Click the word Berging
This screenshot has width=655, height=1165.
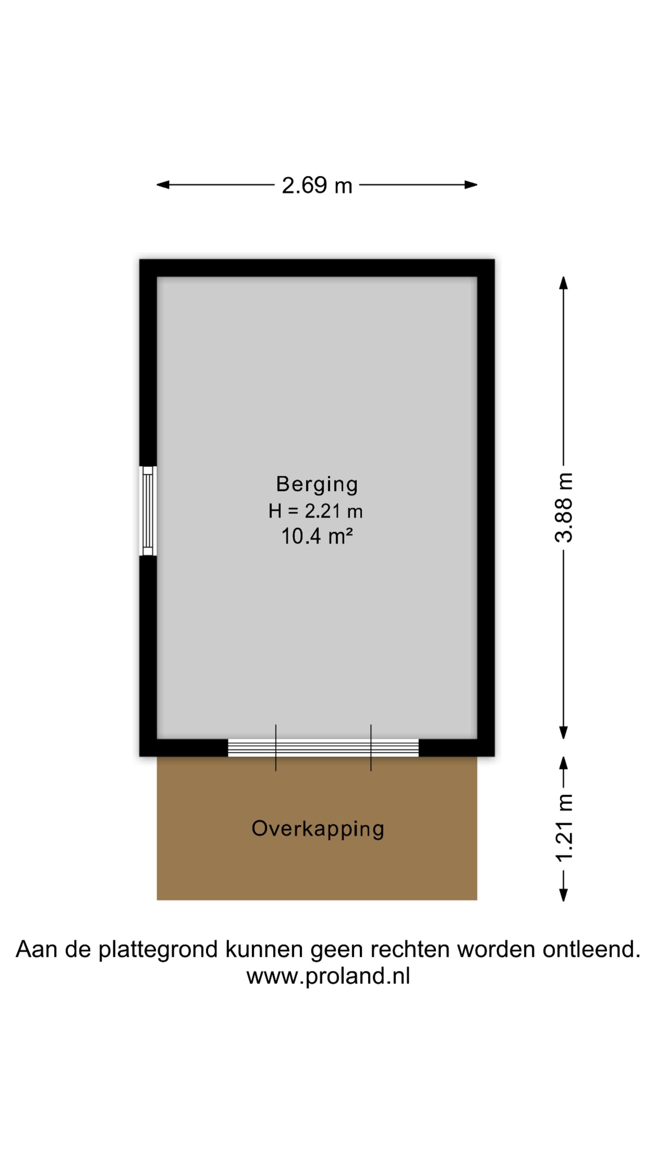(x=317, y=484)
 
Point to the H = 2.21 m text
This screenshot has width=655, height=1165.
(x=315, y=511)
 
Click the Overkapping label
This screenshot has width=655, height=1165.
(x=317, y=829)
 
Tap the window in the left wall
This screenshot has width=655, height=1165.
(x=148, y=511)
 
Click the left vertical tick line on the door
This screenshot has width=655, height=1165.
(x=276, y=747)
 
